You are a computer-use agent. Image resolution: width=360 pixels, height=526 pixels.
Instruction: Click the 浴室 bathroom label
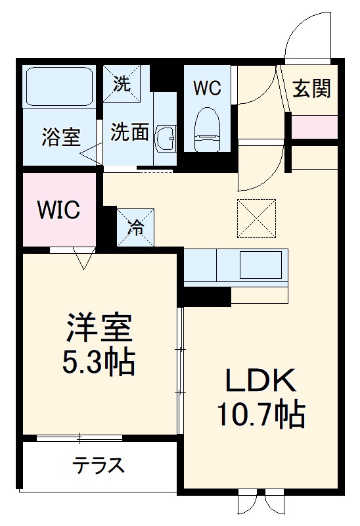(61, 137)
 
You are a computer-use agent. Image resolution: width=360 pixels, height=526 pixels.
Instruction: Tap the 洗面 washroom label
(129, 132)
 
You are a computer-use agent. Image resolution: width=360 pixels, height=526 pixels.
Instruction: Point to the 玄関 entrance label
(311, 89)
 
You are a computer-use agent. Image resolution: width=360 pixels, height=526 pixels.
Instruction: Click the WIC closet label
(58, 210)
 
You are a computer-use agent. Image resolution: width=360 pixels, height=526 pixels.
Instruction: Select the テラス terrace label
(99, 466)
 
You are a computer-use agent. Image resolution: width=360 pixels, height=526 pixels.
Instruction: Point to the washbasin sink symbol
(165, 138)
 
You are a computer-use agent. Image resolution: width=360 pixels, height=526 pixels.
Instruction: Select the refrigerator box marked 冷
(135, 227)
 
